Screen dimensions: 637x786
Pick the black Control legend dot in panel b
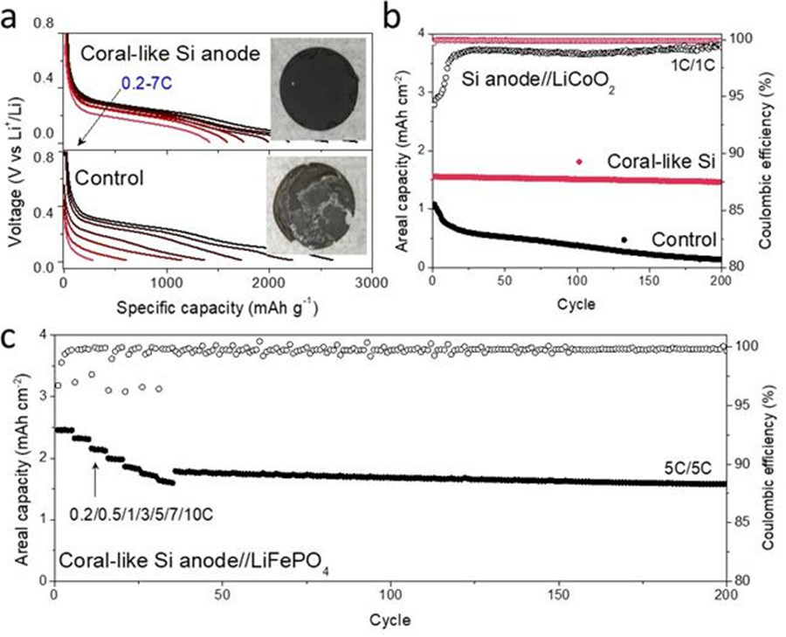tap(624, 239)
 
